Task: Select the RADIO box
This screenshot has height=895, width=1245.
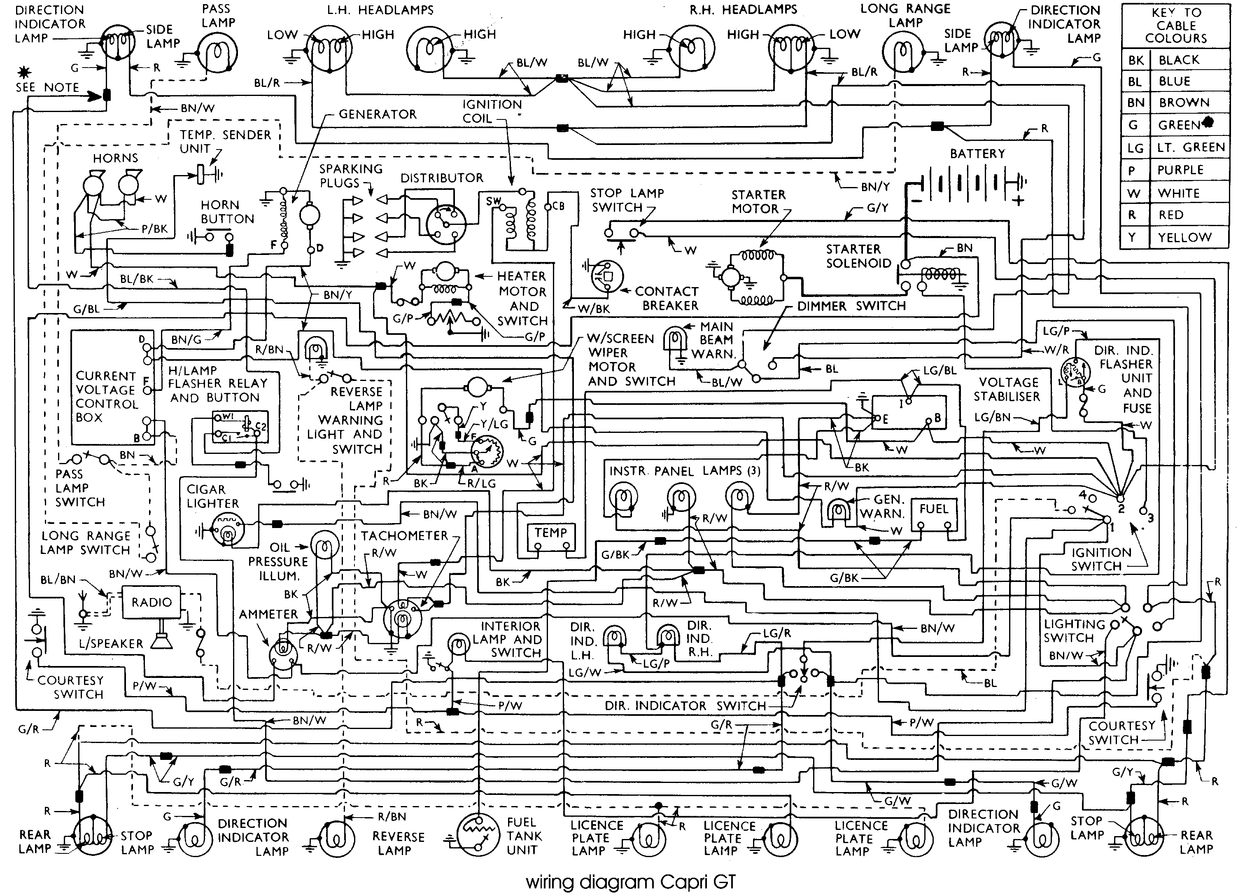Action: pyautogui.click(x=151, y=602)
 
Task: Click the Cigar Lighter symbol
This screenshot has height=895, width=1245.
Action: pyautogui.click(x=227, y=531)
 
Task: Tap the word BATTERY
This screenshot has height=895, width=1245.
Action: pyautogui.click(x=977, y=154)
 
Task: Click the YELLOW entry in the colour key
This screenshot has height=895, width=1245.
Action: pyautogui.click(x=1184, y=237)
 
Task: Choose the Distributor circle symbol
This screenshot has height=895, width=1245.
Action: pyautogui.click(x=446, y=225)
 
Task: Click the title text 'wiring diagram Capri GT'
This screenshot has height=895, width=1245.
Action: pyautogui.click(x=631, y=882)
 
